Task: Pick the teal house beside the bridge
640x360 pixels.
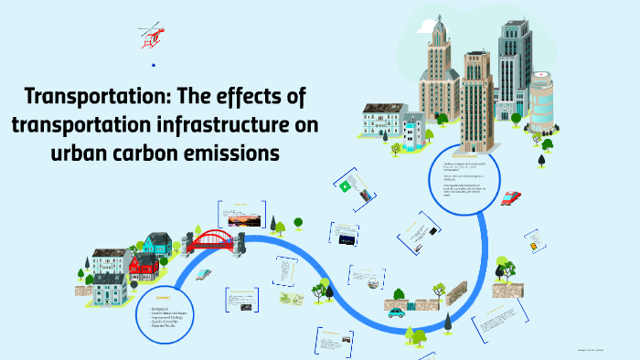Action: [158, 244]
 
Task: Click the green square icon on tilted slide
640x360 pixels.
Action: [345, 186]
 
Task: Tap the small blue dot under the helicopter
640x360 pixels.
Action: [153, 65]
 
